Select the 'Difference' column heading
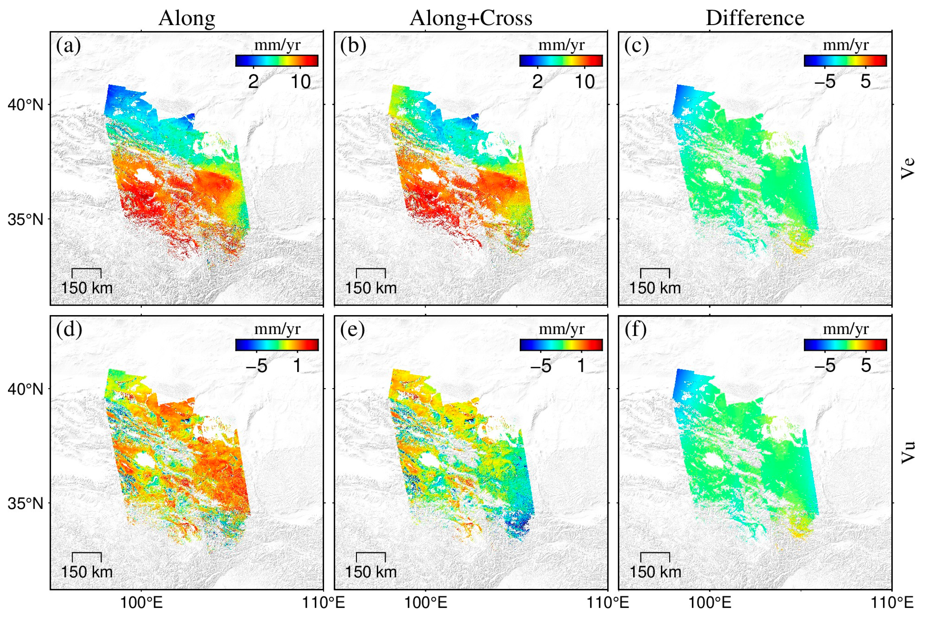point(754,18)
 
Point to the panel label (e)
point(352,330)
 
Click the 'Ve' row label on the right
point(907,168)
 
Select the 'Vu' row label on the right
point(907,452)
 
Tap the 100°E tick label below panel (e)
point(426,603)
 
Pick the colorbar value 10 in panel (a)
point(300,82)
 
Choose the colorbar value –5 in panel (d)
point(256,366)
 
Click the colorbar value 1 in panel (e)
point(581,366)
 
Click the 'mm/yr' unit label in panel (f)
point(845,329)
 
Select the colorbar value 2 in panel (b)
point(537,82)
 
